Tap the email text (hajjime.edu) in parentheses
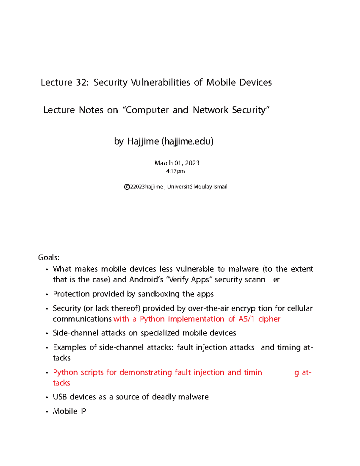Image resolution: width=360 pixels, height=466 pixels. [187, 141]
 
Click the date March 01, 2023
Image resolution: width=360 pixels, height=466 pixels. [177, 163]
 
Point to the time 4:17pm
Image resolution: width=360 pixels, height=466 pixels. [175, 171]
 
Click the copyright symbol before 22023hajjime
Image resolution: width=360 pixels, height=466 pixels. [127, 187]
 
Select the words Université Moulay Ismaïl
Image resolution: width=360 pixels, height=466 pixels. [197, 187]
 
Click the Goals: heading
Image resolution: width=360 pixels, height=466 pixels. [49, 257]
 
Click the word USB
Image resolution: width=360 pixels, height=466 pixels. [60, 397]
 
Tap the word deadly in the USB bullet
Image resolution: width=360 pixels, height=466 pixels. [164, 397]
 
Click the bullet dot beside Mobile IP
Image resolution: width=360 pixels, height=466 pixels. [47, 412]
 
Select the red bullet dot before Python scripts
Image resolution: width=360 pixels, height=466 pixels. [47, 373]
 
